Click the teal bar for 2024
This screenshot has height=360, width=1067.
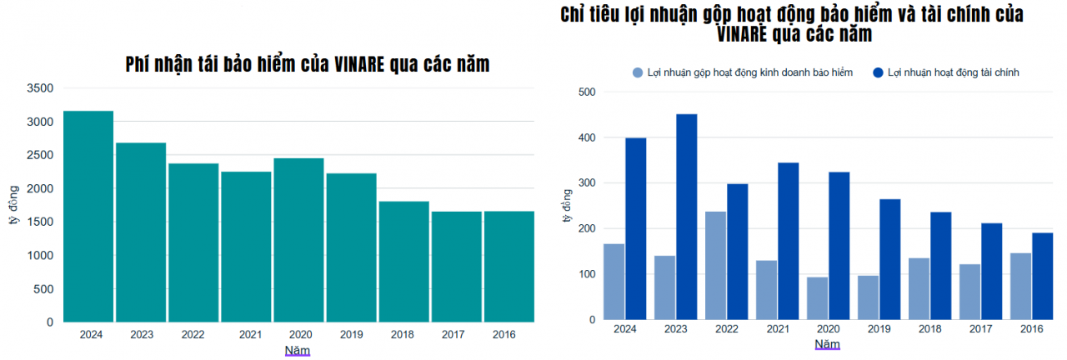coord(88,216)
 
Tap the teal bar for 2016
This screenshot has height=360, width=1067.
coord(509,267)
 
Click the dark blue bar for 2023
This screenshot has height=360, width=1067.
coord(686,217)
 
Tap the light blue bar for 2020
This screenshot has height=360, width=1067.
coord(817,298)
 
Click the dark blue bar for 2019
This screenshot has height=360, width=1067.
coord(889,259)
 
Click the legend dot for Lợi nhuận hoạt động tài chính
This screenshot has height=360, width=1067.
coord(878,73)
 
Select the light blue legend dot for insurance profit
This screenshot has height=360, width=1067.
coord(638,73)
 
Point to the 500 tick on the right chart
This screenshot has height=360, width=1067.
coord(585,92)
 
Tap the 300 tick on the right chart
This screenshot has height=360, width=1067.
coord(585,183)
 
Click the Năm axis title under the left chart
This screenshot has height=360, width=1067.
coord(298,351)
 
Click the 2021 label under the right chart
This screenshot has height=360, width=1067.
coord(778,329)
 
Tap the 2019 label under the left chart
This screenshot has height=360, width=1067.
coord(351,335)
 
